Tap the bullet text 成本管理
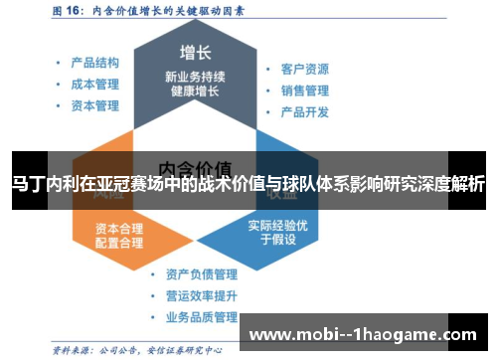[x=95, y=83]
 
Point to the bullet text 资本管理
[x=95, y=105]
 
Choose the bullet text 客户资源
[x=305, y=69]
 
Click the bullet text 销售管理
[x=305, y=90]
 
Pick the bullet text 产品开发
[x=305, y=111]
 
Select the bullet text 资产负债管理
[x=202, y=273]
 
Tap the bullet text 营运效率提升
[x=202, y=295]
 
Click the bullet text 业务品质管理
[x=202, y=317]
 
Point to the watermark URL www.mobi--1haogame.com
[x=366, y=334]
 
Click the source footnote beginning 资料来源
[x=129, y=350]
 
